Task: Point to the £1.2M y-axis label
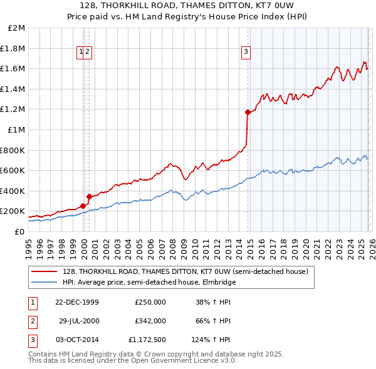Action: (x=13, y=109)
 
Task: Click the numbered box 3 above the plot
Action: (x=246, y=52)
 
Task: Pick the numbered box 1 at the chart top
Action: (x=82, y=52)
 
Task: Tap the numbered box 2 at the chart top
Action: (x=88, y=52)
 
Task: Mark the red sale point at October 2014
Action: (x=248, y=113)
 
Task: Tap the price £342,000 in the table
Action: (x=150, y=321)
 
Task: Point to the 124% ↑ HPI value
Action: (x=211, y=340)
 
